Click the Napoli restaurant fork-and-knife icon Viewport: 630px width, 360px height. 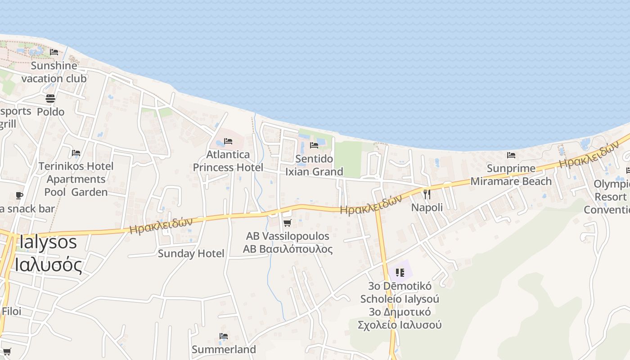427,194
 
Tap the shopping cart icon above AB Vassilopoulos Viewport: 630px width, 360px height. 287,223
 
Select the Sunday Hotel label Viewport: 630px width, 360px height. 191,253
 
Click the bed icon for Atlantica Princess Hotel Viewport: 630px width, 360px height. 228,141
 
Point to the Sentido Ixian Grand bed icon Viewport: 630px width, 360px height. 314,145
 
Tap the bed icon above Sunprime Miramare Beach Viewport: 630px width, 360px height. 511,155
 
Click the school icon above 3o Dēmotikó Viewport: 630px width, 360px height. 400,272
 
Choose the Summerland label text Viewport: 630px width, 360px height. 224,349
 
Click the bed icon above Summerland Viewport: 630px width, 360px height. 224,336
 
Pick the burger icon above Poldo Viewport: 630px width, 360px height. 50,99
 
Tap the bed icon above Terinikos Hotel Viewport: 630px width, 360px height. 76,153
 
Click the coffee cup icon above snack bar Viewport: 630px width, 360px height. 19,195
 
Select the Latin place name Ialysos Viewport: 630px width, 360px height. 48,243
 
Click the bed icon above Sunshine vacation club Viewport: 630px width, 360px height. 54,52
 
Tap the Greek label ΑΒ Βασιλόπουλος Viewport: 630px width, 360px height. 288,249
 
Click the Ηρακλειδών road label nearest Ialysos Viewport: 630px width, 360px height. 161,225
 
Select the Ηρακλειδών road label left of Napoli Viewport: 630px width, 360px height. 371,205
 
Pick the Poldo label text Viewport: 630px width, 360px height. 50,112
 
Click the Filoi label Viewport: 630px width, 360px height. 11,311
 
